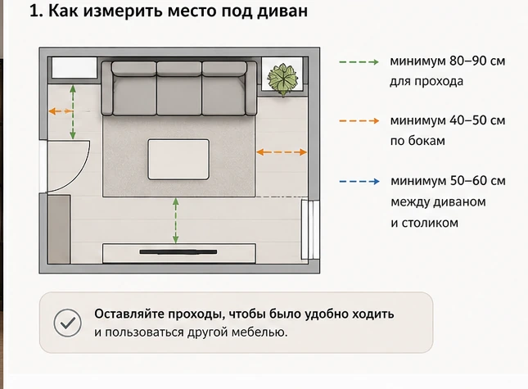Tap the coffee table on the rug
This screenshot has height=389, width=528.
pos(178,160)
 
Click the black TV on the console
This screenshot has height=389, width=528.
pos(178,252)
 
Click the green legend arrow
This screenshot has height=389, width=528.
pos(359,62)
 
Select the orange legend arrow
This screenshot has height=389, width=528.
pos(359,121)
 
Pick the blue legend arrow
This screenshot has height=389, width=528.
pos(359,182)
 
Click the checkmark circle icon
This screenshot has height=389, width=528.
pos(67,323)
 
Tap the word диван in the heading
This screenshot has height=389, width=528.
pos(282,11)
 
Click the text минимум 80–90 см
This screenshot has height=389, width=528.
pos(448,61)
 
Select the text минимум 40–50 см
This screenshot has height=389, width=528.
pos(448,120)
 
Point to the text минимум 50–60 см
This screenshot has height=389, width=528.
pos(448,181)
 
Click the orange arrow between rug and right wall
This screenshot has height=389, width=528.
pos(282,152)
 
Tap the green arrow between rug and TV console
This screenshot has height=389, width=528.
pos(175,220)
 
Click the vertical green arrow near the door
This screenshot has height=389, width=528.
pos(73,112)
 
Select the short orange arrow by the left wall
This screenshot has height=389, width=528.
pos(61,111)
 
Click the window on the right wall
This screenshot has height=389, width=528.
pos(309,229)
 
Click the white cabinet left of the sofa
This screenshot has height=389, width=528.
pos(74,68)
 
